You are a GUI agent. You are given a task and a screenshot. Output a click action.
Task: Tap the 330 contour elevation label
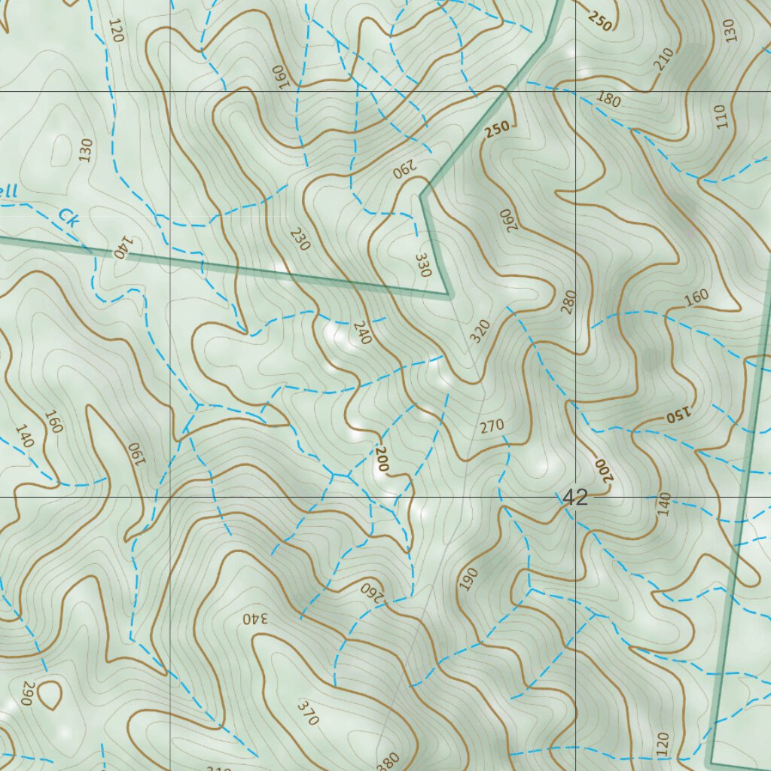tap(422, 265)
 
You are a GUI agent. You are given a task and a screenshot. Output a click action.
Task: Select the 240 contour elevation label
tap(362, 333)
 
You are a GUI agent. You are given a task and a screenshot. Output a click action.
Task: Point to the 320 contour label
tap(480, 331)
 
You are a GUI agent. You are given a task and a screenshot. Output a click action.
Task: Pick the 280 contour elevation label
tap(568, 300)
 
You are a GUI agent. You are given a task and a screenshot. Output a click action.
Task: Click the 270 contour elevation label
tap(492, 427)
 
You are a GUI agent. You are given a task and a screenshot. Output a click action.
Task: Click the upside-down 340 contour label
tap(256, 618)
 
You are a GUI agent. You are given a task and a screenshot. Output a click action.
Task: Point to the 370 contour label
tap(308, 712)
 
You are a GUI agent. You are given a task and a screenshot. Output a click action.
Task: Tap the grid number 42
tap(575, 497)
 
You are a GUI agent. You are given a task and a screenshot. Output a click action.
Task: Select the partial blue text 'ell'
tap(7, 192)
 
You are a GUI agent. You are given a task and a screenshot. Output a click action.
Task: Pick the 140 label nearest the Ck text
tap(121, 248)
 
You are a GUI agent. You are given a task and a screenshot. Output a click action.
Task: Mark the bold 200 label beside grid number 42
tap(602, 470)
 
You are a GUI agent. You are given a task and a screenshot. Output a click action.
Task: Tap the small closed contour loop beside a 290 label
tap(50, 694)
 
